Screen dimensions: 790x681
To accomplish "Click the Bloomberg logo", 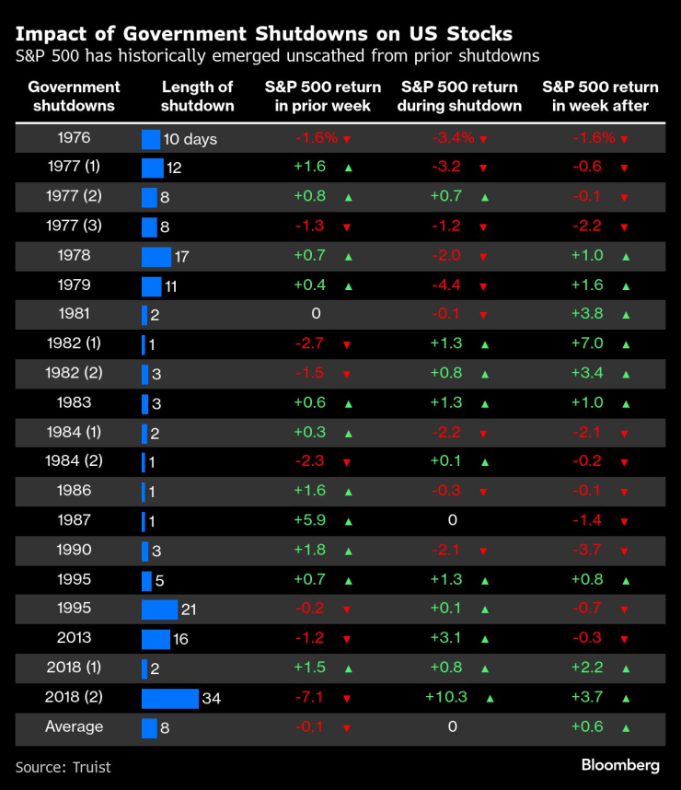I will (619, 765).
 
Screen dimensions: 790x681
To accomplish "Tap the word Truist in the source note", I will (90, 767).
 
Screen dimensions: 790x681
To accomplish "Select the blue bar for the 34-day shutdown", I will (169, 699).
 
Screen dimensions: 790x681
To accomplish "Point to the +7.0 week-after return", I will (589, 343).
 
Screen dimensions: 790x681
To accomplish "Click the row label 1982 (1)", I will (75, 343).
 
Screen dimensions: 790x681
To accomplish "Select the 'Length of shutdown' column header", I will (197, 97).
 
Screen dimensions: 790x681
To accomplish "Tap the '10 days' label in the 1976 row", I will (190, 140).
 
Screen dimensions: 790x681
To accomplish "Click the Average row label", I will (75, 726).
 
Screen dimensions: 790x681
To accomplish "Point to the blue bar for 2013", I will (156, 639).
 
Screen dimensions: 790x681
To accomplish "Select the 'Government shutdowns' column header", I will (75, 97).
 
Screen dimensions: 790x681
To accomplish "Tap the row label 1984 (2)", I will (75, 461).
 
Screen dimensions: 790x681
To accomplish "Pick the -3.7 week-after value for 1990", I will (589, 550).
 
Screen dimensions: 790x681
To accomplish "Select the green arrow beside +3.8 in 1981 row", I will (626, 315).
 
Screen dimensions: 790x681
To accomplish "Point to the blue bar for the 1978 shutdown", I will (156, 256).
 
